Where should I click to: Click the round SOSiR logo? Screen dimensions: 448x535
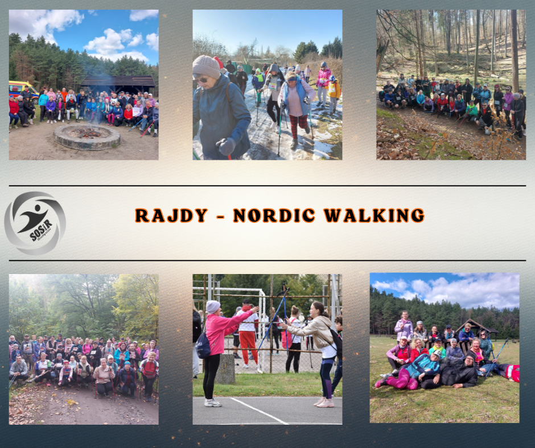35,223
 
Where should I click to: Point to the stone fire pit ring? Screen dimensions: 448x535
87,137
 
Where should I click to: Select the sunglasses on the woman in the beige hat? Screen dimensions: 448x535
202,80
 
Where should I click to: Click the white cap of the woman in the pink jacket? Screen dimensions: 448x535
213,306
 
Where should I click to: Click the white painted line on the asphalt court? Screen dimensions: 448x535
259,410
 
